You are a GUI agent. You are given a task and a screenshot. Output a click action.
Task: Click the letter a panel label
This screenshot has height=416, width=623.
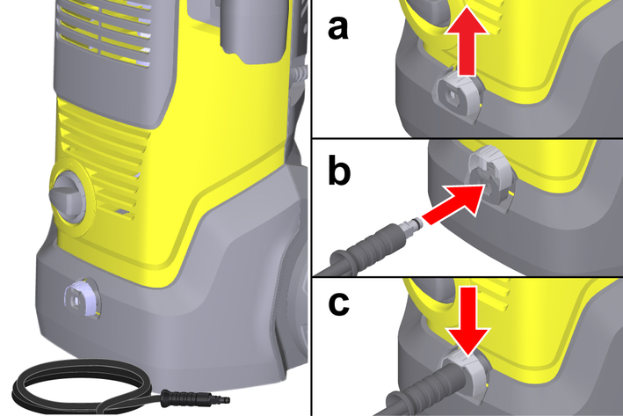tap(338, 29)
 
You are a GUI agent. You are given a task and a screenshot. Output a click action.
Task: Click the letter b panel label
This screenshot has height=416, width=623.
tap(339, 171)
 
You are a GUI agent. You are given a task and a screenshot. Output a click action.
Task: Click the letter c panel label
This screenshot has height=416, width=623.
tap(339, 304)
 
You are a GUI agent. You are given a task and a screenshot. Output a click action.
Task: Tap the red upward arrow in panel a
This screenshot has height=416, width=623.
tap(466, 45)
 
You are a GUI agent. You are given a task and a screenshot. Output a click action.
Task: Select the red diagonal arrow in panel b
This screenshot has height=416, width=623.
tap(455, 205)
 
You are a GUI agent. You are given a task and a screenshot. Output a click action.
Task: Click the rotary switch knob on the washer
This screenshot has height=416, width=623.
tap(69, 195)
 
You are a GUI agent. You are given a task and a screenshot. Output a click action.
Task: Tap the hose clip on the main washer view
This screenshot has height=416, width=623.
tap(82, 298)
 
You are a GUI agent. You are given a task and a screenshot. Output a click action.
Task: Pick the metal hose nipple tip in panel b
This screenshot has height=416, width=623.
tap(413, 223)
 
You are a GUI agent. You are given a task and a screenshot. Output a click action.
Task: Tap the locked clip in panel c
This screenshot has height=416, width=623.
tap(467, 374)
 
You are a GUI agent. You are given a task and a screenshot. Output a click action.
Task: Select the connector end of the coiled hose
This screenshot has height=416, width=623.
tap(195, 398)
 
